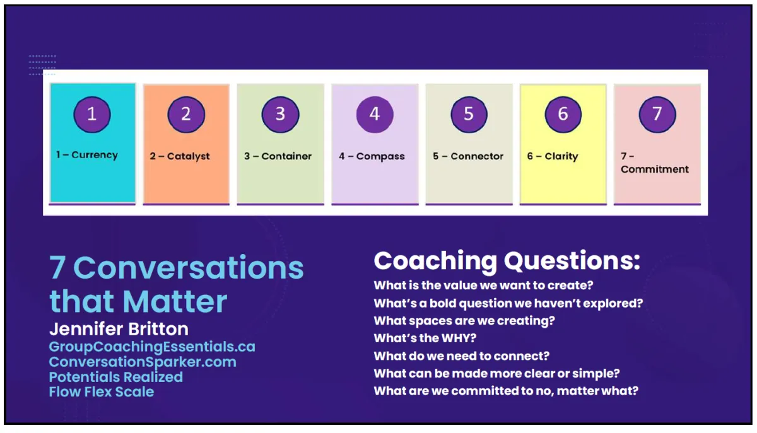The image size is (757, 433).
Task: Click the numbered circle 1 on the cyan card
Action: [x=92, y=115]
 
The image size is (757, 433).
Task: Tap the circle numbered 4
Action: [x=375, y=115]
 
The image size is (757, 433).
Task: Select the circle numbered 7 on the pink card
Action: [x=657, y=115]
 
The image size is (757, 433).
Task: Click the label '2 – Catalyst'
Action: [x=180, y=156]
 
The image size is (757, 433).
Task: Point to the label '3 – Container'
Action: [x=278, y=156]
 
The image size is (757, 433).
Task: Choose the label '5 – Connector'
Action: [x=468, y=156]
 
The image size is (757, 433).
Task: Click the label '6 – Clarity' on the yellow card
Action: [x=553, y=156]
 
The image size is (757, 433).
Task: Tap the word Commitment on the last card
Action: [x=655, y=169]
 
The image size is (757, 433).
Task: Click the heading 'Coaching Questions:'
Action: [x=507, y=261]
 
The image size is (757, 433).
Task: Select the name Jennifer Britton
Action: [x=119, y=329]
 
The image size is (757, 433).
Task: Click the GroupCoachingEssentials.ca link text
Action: [x=152, y=347]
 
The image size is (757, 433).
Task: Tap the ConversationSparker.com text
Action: [x=143, y=362]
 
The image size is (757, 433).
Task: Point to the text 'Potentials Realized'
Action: [x=116, y=377]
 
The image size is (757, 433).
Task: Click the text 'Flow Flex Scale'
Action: [x=102, y=392]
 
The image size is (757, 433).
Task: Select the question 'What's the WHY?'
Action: [x=425, y=338]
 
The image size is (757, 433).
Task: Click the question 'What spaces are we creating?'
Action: [x=464, y=321]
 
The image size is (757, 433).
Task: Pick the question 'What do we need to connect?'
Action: [x=462, y=356]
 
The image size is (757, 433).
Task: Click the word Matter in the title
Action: [x=175, y=301]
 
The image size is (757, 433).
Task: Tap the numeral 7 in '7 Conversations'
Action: [x=57, y=267]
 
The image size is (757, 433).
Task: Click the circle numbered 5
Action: [x=469, y=115]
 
